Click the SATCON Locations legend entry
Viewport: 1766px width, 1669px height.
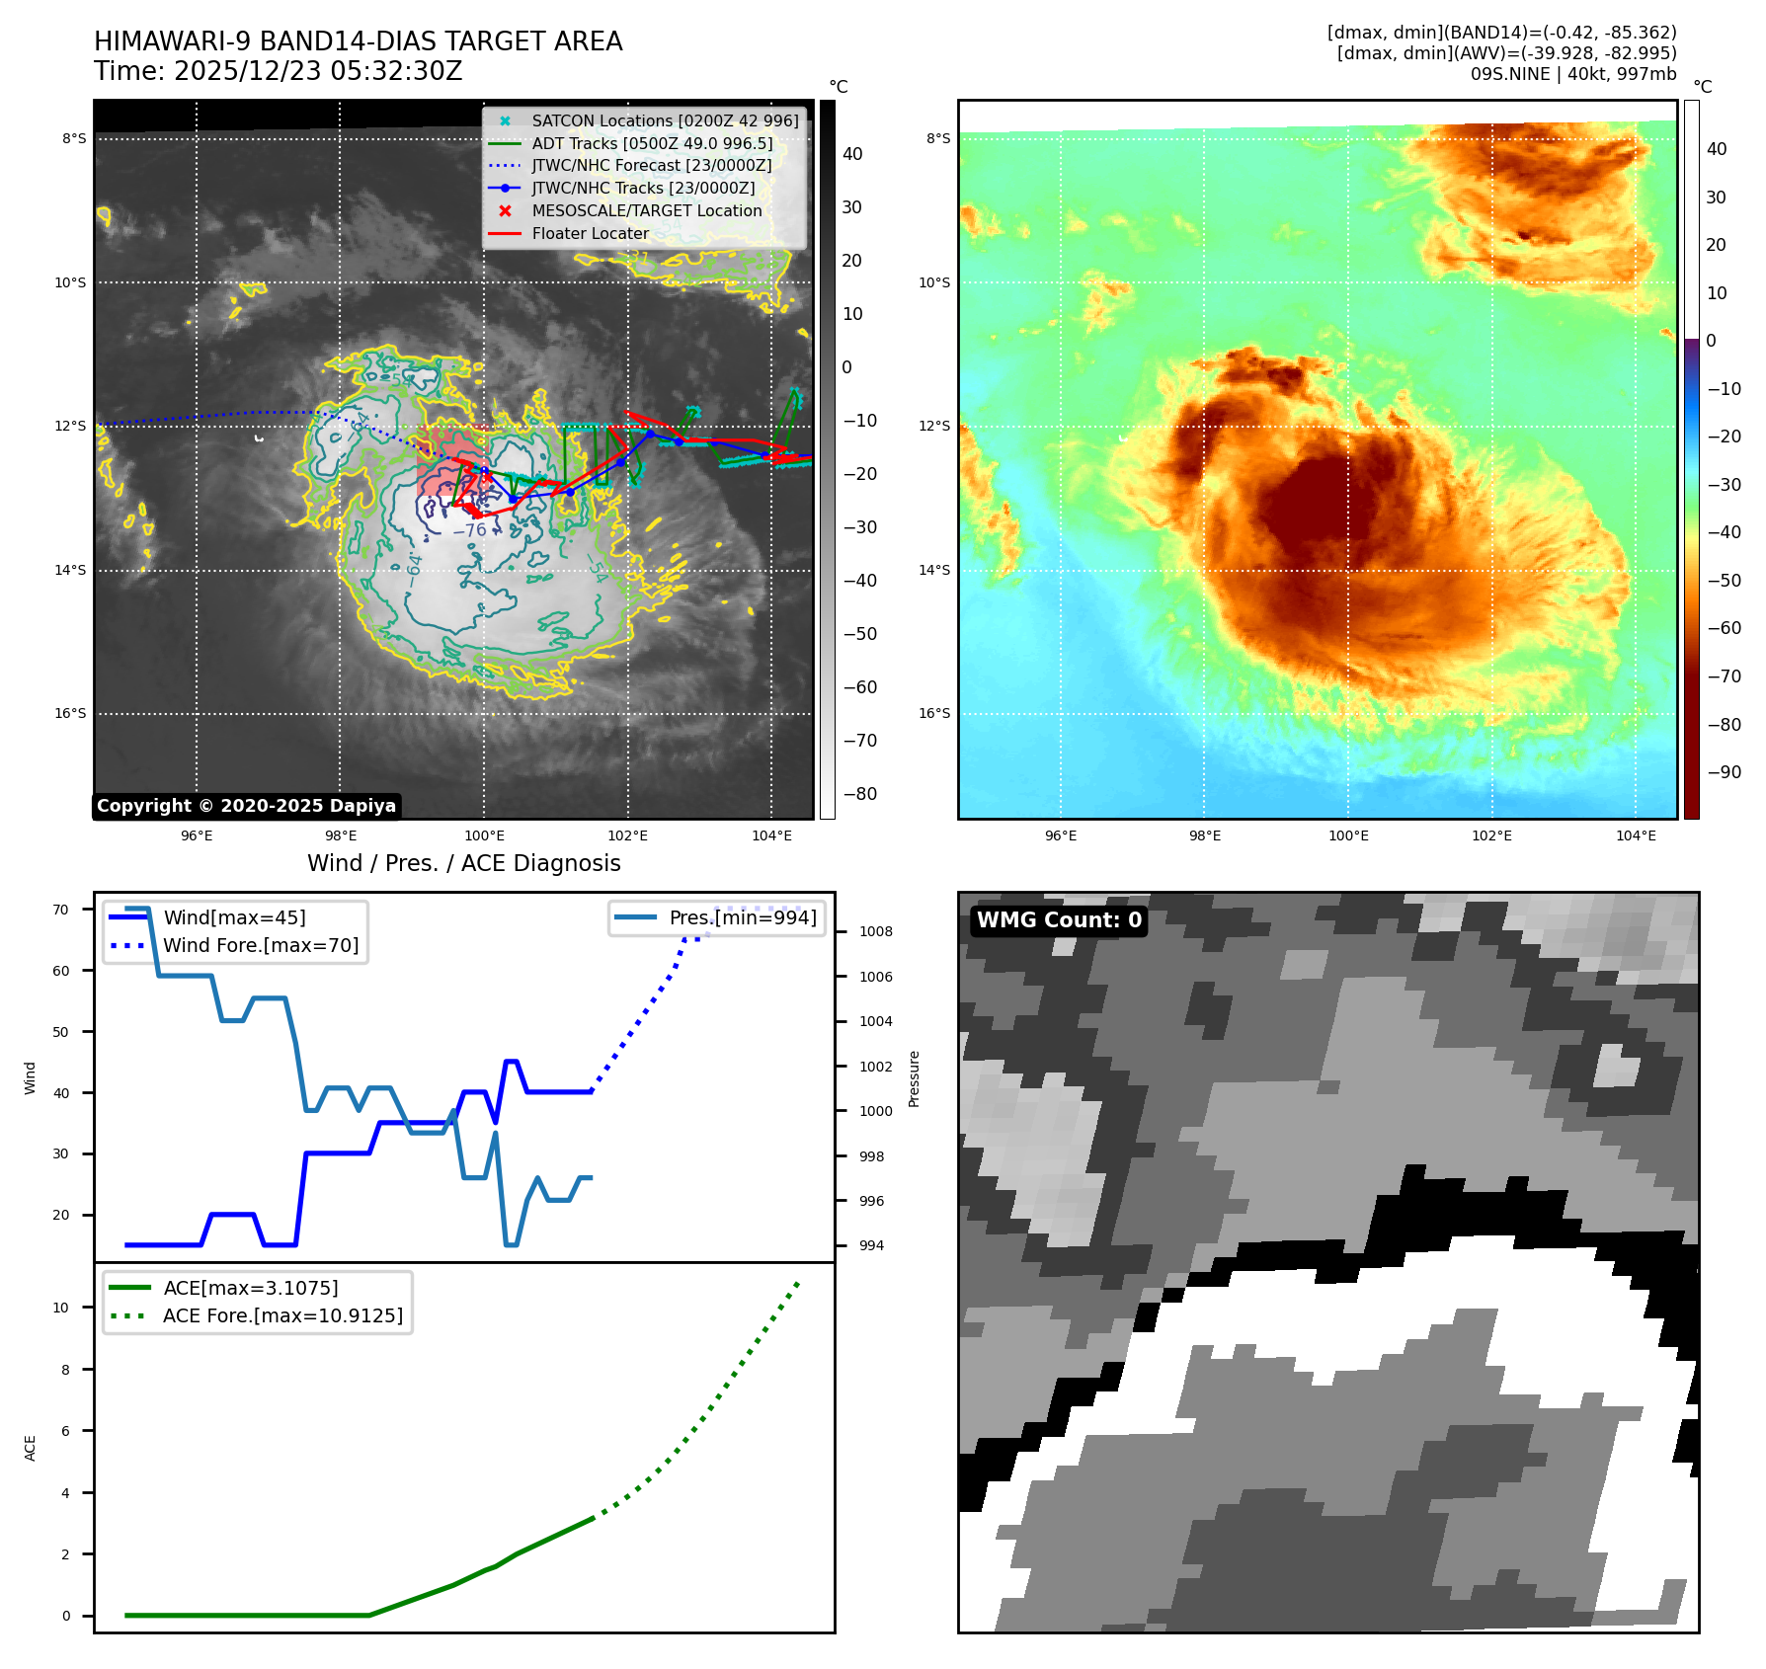click(x=665, y=120)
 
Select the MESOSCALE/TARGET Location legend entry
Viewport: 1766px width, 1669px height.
click(x=646, y=210)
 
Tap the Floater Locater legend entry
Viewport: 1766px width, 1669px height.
click(x=590, y=233)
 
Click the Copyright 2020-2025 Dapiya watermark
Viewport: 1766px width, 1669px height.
click(x=246, y=806)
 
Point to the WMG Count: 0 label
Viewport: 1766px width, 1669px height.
click(x=1059, y=920)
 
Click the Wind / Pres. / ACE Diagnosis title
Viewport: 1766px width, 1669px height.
click(x=463, y=863)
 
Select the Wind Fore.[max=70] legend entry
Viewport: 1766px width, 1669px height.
click(x=261, y=945)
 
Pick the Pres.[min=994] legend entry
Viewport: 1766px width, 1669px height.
click(x=742, y=917)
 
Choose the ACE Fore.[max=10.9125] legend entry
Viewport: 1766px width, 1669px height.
click(x=282, y=1315)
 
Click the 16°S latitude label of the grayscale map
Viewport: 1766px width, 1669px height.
click(x=70, y=713)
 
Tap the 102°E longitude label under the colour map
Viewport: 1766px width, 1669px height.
click(x=1491, y=835)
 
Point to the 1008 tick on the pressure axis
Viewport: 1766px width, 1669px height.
click(x=875, y=931)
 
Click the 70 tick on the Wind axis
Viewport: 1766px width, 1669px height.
click(x=61, y=910)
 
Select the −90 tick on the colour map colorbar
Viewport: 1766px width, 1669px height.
click(x=1725, y=772)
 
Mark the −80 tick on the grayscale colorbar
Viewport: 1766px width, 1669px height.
click(x=860, y=794)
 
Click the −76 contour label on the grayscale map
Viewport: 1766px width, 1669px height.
click(x=469, y=530)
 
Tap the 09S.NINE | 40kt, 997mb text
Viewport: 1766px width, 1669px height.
click(x=1572, y=74)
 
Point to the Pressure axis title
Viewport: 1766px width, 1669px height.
click(x=914, y=1078)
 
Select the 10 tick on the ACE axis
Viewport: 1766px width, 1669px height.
click(x=61, y=1308)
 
